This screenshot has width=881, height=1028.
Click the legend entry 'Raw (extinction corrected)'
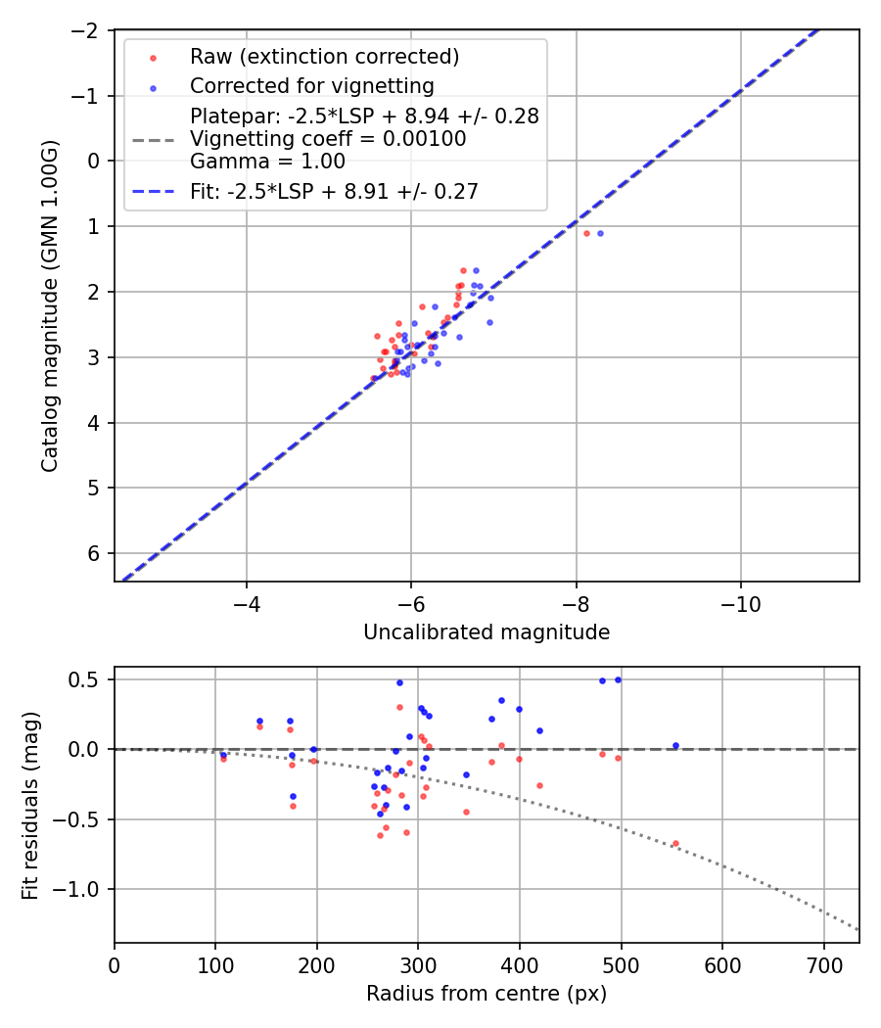click(324, 57)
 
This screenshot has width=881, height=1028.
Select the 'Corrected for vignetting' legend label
click(311, 86)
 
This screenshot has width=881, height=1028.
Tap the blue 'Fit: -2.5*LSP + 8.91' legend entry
click(334, 192)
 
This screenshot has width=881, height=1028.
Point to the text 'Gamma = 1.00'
click(267, 161)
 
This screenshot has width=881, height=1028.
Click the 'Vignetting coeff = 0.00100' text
click(328, 139)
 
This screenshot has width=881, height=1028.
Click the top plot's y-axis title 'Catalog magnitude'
click(49, 305)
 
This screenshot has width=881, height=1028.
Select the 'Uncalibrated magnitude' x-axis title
click(487, 632)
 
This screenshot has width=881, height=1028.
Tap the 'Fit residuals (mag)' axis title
click(29, 805)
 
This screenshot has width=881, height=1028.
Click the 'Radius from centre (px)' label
click(487, 994)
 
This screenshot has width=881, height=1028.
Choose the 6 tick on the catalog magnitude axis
click(94, 553)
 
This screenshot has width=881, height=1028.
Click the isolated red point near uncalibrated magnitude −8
click(586, 233)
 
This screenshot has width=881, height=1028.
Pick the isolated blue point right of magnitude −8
click(600, 233)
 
